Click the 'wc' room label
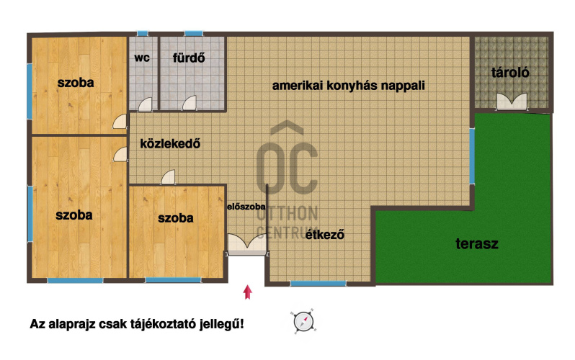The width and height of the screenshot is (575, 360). [x=142, y=58]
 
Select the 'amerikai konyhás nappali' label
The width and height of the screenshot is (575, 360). [x=348, y=85]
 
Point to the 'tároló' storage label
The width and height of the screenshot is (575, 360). [x=510, y=72]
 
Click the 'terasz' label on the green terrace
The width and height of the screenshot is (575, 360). [x=477, y=243]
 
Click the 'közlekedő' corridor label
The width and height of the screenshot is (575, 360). [x=169, y=143]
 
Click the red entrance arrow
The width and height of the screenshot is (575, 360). [x=248, y=291]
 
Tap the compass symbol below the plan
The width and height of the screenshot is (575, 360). [x=304, y=321]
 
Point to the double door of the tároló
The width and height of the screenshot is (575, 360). [x=511, y=102]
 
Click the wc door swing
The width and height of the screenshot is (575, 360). [x=146, y=104]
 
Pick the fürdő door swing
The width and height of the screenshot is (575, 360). [x=190, y=103]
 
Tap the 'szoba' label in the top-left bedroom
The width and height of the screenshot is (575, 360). [x=76, y=83]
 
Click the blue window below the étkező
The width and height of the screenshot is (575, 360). [x=318, y=284]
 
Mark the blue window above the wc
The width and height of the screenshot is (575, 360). [x=143, y=33]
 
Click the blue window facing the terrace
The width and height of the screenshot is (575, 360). [x=473, y=154]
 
